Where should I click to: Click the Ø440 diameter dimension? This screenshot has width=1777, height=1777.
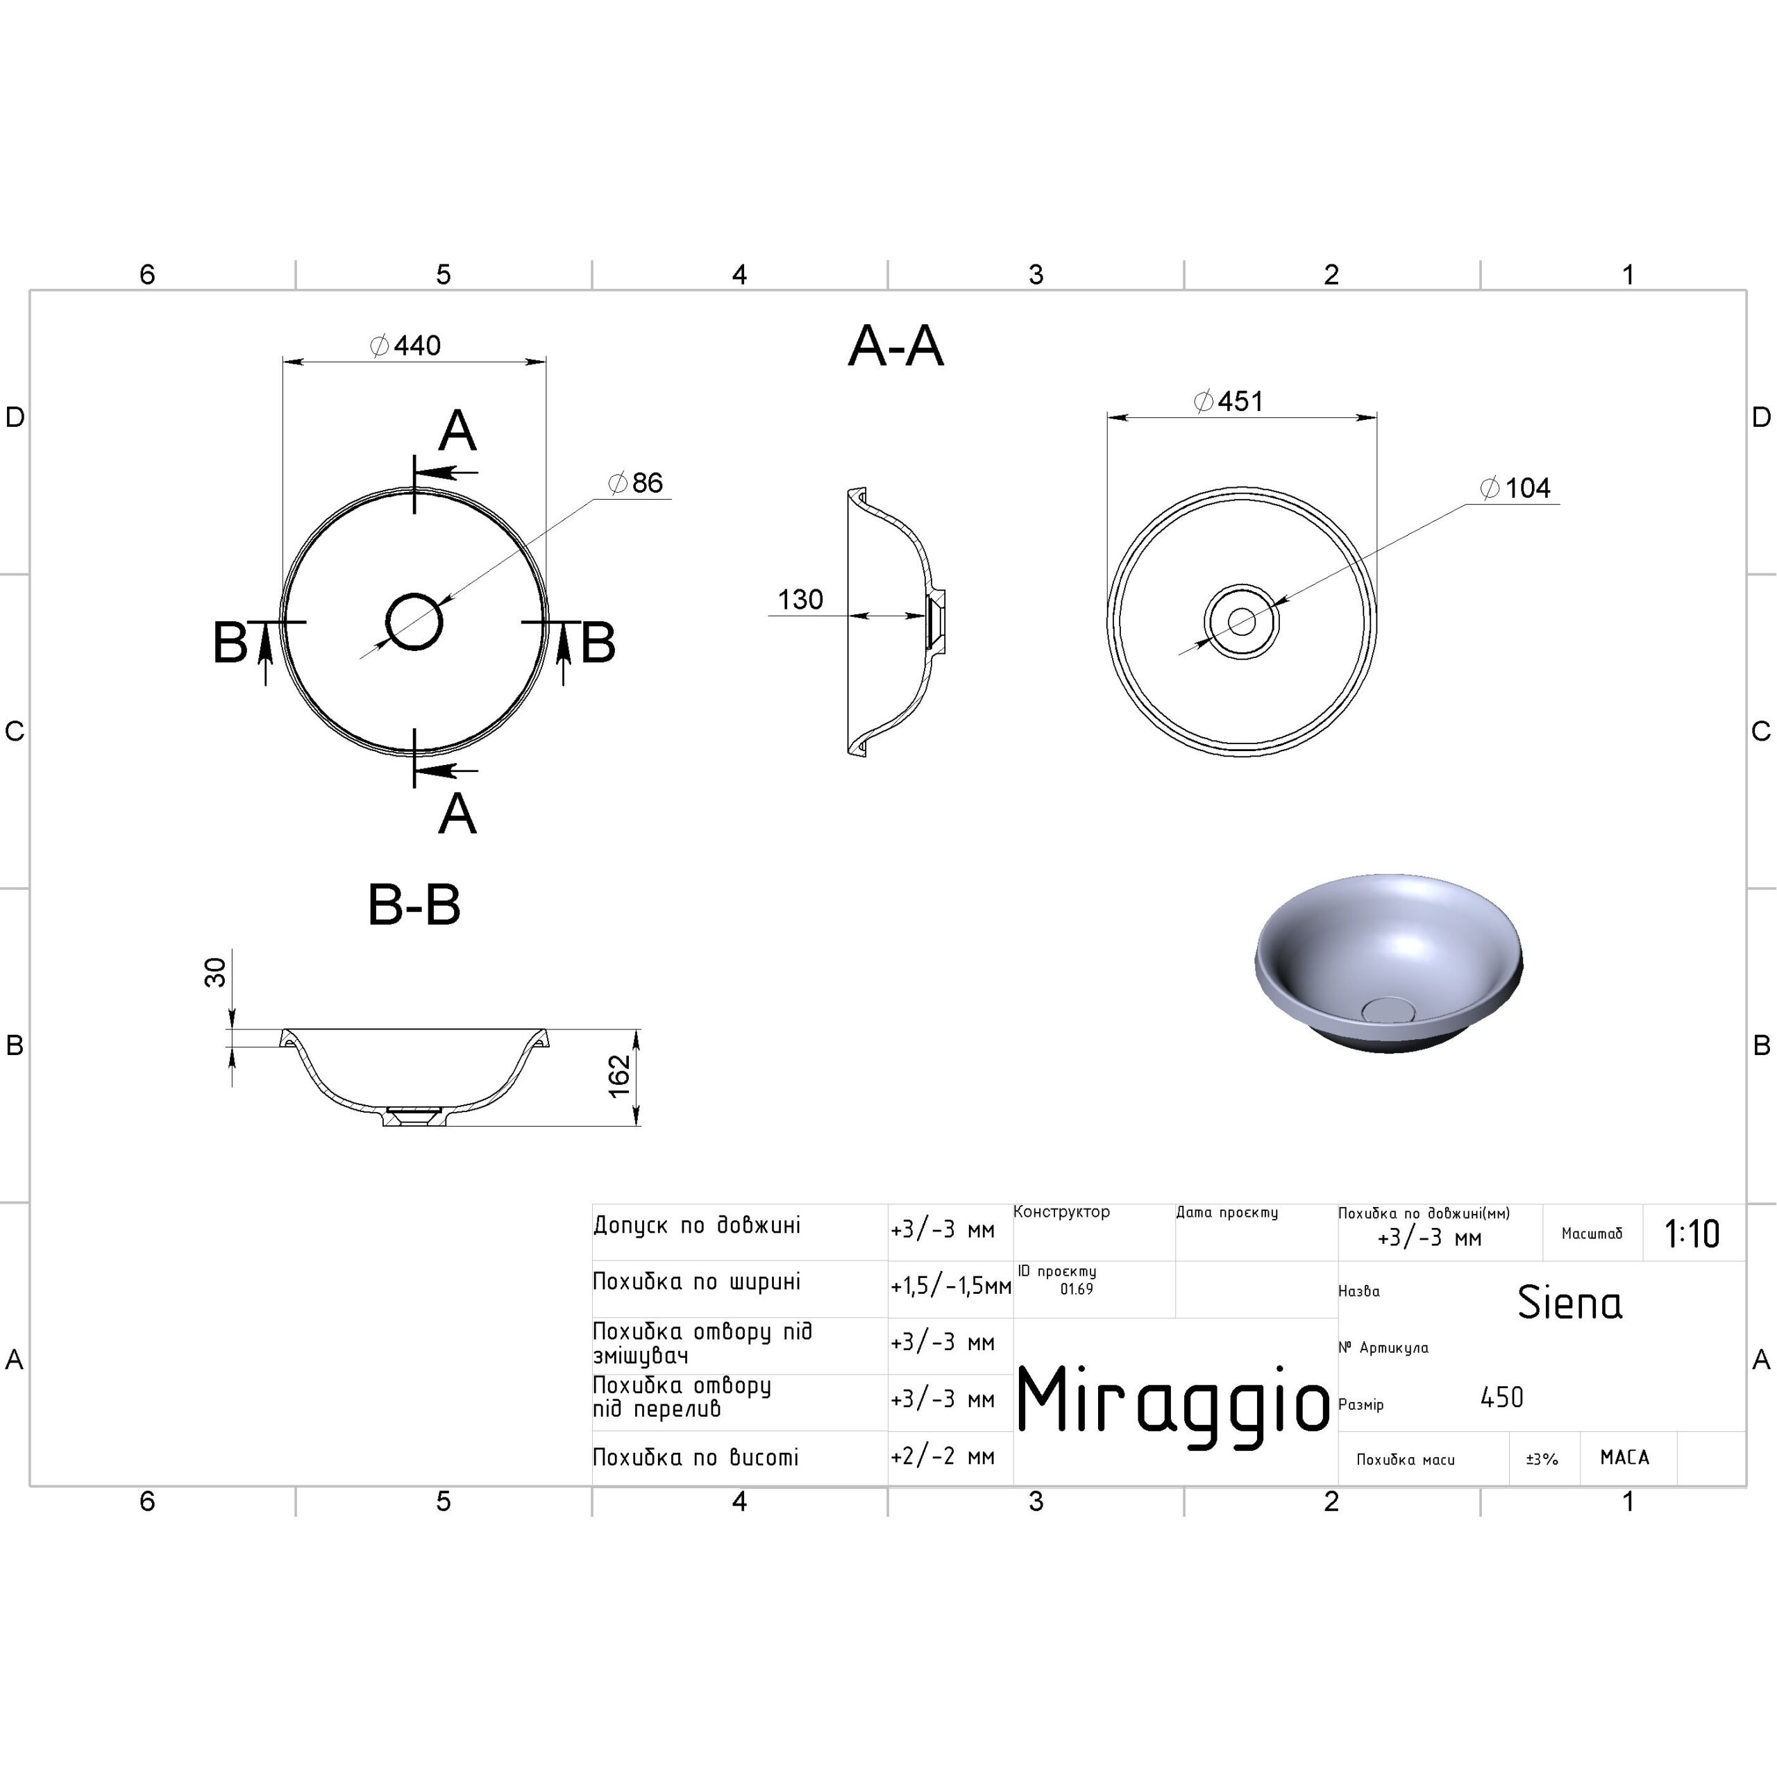click(x=405, y=346)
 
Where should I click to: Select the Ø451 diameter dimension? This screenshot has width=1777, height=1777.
click(x=1228, y=401)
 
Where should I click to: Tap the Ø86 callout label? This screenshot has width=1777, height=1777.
click(x=636, y=483)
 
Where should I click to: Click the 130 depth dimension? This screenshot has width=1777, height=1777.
click(x=800, y=600)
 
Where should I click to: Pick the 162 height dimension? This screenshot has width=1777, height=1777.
click(x=619, y=1075)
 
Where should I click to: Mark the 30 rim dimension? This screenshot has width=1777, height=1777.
click(x=214, y=972)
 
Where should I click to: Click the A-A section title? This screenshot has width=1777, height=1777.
click(x=896, y=347)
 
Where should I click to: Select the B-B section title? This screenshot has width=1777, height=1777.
click(x=414, y=905)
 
